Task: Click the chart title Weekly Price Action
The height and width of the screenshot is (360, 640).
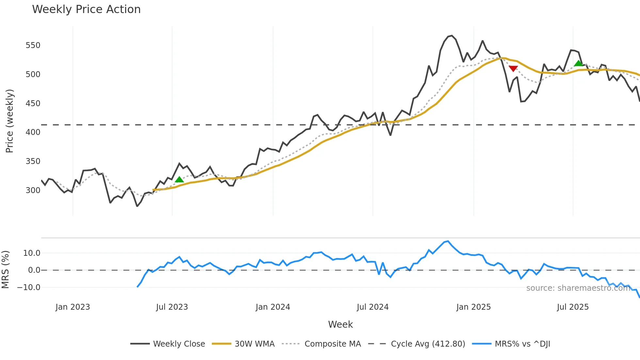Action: pyautogui.click(x=86, y=9)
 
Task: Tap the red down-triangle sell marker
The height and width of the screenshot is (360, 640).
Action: pyautogui.click(x=513, y=69)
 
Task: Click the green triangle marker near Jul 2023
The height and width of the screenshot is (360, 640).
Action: pyautogui.click(x=179, y=179)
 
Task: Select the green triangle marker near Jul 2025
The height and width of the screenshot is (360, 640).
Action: pyautogui.click(x=578, y=63)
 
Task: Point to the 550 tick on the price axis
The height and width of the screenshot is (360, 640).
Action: pyautogui.click(x=33, y=45)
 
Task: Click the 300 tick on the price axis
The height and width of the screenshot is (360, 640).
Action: pyautogui.click(x=33, y=190)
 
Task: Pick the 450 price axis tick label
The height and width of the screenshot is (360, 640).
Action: pyautogui.click(x=33, y=103)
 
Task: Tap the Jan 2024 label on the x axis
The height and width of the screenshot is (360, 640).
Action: pyautogui.click(x=273, y=307)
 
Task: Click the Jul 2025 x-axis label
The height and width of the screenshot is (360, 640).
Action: pyautogui.click(x=573, y=307)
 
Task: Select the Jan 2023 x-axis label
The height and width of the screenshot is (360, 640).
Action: pyautogui.click(x=72, y=307)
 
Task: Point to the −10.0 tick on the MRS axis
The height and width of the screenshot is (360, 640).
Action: pyautogui.click(x=29, y=287)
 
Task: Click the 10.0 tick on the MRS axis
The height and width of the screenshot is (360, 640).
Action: pyautogui.click(x=32, y=253)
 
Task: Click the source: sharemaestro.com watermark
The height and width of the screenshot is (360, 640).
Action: pyautogui.click(x=578, y=288)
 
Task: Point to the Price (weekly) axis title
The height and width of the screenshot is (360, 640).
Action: pyautogui.click(x=9, y=121)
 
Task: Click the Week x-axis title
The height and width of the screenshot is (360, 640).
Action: pyautogui.click(x=340, y=324)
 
